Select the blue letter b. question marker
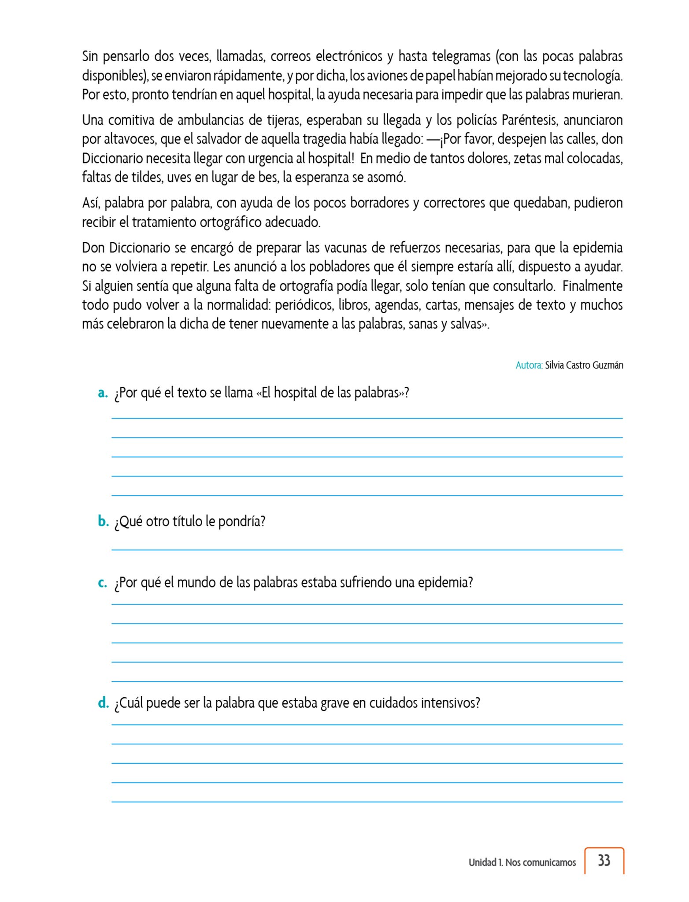point(103,521)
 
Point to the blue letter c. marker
point(103,583)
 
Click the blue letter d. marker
point(103,703)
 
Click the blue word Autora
point(529,365)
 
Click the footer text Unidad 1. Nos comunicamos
point(522,862)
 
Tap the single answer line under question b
point(367,549)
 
